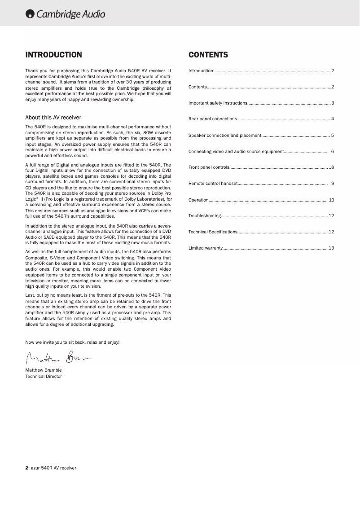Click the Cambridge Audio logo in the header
tap(66, 14)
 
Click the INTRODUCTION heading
tap(53, 55)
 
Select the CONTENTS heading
tap(208, 55)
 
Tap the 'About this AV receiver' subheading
tap(53, 118)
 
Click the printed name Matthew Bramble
tap(44, 370)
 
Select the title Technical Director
tap(44, 377)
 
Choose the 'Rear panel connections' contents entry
tap(213, 119)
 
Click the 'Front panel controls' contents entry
tap(209, 167)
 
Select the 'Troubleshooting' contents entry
tap(205, 216)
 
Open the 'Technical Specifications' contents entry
tap(213, 232)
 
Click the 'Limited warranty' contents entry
tap(205, 248)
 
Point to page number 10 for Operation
tap(331, 200)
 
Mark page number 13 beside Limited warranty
tap(331, 248)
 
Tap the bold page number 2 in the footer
tap(27, 468)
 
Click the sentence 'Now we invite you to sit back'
tap(72, 342)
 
